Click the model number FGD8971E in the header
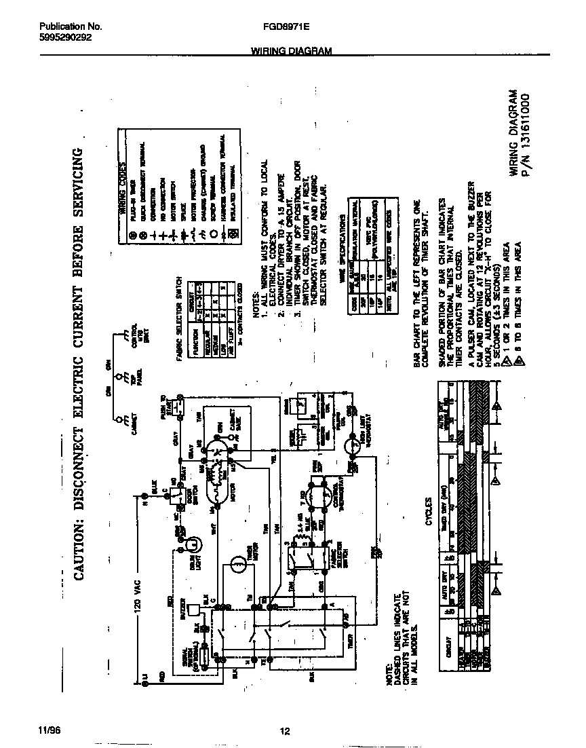[x=285, y=27]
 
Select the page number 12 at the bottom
[x=286, y=731]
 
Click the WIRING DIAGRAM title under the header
[x=291, y=51]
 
